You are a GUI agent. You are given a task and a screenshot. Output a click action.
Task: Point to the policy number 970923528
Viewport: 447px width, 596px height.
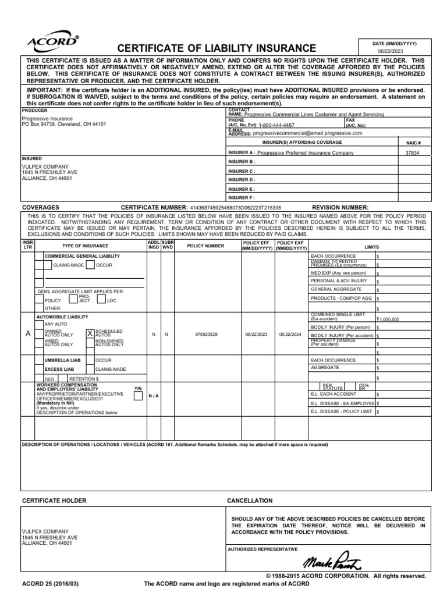point(207,335)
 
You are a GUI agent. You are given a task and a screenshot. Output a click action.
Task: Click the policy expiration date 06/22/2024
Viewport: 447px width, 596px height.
point(290,335)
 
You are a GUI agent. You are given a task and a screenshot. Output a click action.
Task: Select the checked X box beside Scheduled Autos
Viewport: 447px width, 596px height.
point(90,334)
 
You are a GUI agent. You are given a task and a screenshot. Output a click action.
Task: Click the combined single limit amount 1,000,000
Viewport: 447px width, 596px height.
point(389,319)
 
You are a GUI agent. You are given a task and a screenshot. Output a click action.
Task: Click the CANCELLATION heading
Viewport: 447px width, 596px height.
point(249,501)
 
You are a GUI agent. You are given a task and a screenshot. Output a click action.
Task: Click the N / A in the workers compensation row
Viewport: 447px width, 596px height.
point(153,396)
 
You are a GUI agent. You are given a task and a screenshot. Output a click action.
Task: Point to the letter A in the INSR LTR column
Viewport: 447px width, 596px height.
point(27,334)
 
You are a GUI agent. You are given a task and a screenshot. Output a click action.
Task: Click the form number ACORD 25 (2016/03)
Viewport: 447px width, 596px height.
point(51,583)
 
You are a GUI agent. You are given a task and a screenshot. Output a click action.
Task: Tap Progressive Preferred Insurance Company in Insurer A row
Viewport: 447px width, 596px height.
point(306,152)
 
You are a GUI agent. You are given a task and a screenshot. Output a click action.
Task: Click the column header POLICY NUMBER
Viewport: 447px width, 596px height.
point(205,246)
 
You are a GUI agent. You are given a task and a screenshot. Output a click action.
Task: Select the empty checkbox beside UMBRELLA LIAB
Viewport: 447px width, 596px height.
point(40,360)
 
